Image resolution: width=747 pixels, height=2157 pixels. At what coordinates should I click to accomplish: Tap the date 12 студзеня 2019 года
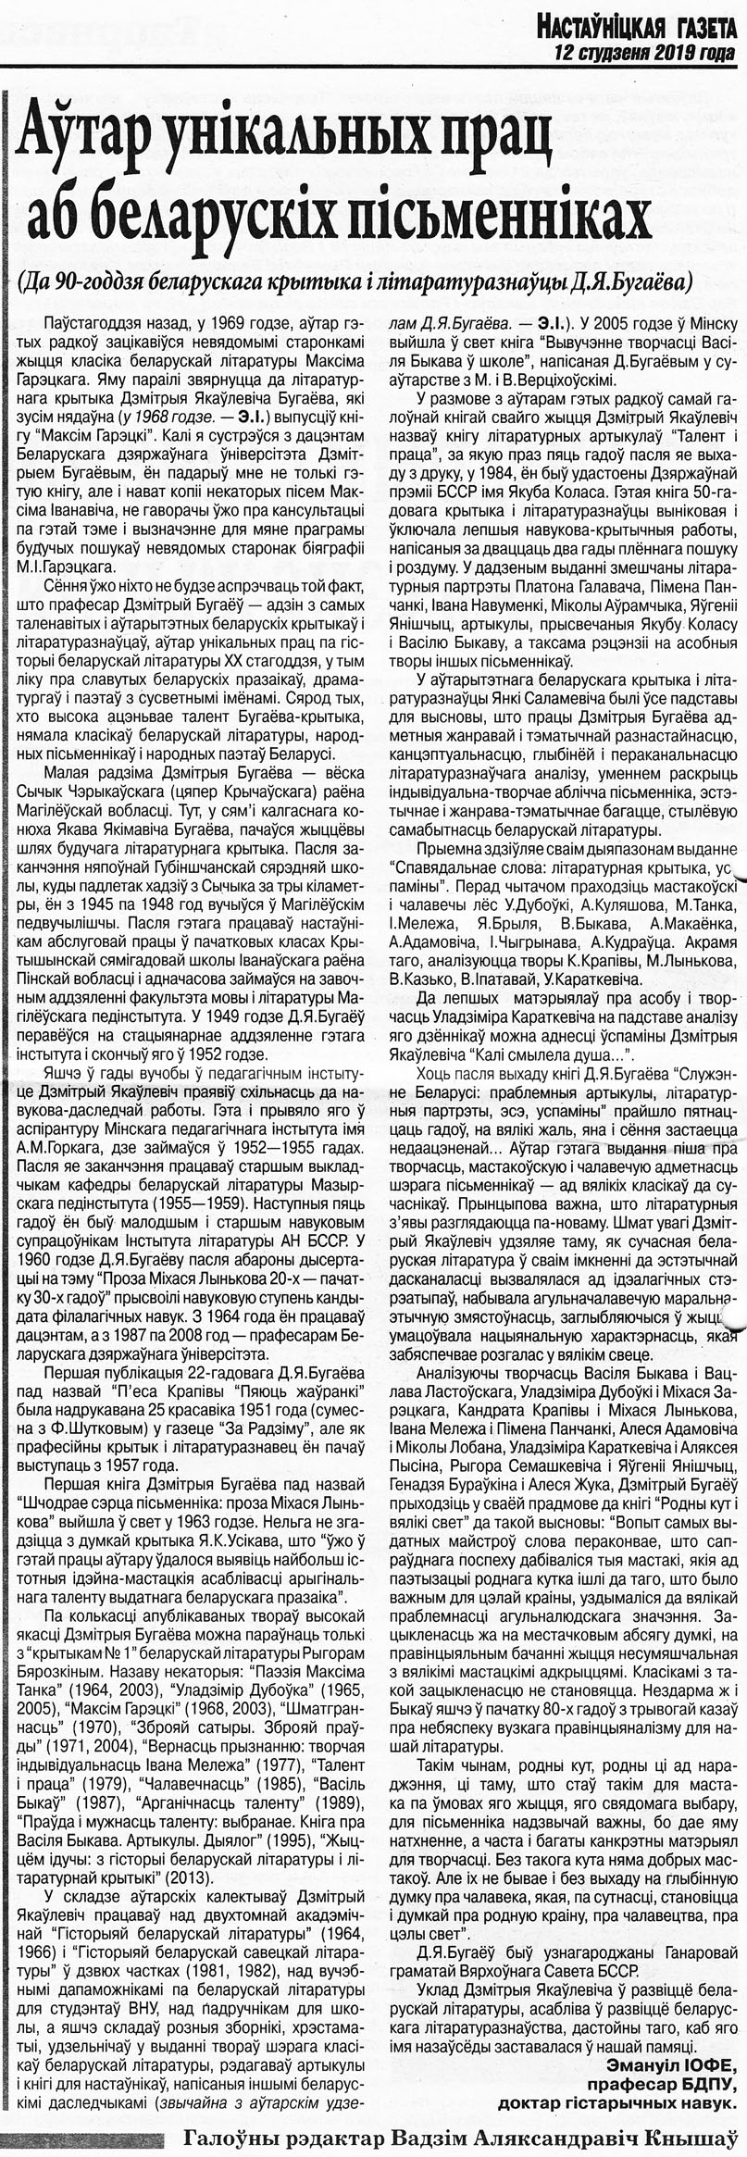[x=645, y=52]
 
